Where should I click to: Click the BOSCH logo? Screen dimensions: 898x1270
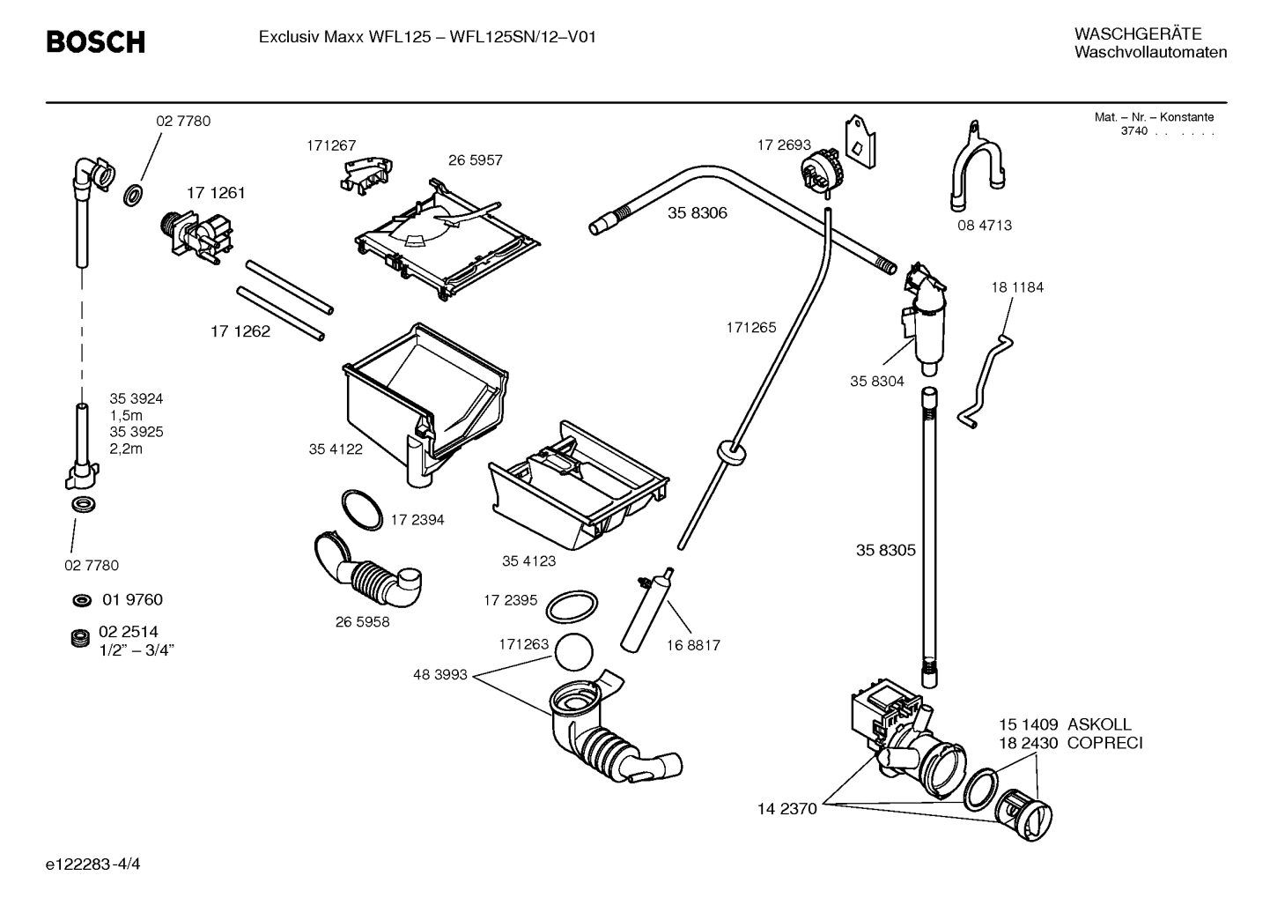(x=95, y=41)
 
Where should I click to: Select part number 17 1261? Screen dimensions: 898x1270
(x=215, y=193)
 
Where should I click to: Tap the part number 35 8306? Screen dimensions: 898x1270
(x=697, y=213)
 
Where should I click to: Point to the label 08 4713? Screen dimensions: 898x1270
(x=985, y=226)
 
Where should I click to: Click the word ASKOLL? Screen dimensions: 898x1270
(x=1099, y=725)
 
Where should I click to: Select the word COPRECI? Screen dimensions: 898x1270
(x=1104, y=744)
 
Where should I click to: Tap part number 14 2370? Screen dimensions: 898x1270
(x=786, y=808)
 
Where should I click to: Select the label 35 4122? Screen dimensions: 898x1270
(x=335, y=449)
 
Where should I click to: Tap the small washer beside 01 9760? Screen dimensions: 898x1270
(x=81, y=601)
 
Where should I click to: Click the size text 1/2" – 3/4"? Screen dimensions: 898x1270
(x=137, y=650)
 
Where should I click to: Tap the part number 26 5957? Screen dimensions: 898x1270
(x=475, y=160)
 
